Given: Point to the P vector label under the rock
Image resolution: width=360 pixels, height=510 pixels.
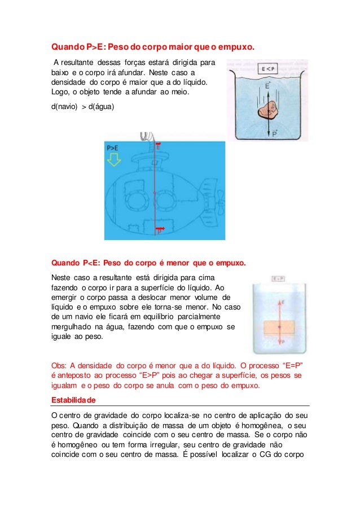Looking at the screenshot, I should pyautogui.click(x=274, y=134).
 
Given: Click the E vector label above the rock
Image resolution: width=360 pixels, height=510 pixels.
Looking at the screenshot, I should pyautogui.click(x=267, y=86).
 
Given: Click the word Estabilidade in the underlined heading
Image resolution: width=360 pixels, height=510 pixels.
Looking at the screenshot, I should pyautogui.click(x=73, y=399).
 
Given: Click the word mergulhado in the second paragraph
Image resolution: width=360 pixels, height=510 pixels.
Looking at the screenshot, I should pyautogui.click(x=72, y=326).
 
